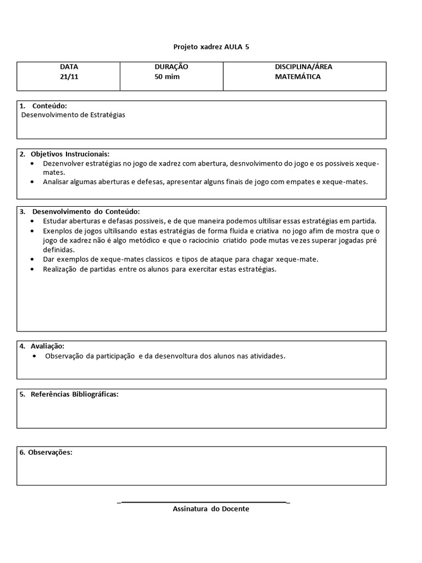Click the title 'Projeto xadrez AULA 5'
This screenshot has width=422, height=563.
pos(210,47)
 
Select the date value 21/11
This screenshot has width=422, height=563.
pos(69,76)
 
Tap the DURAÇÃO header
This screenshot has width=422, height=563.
pos(171,67)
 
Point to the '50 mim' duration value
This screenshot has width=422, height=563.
pos(167,76)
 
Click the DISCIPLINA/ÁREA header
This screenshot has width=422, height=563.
pos(303,67)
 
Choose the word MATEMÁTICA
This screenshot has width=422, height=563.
pos(298,76)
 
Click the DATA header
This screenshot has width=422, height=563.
pos(69,67)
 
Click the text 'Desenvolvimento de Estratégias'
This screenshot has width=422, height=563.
pos(73,115)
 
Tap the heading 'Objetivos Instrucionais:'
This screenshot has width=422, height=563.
pos(70,154)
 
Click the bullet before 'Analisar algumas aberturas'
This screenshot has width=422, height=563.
pos(34,181)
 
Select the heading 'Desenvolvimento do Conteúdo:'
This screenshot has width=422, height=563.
pos(86,212)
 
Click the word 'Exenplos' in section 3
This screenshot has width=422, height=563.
pos(57,231)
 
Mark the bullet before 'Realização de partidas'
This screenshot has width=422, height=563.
pos(34,269)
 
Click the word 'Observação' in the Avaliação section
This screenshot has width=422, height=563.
pos(64,356)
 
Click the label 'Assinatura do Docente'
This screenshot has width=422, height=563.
pos(211,509)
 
